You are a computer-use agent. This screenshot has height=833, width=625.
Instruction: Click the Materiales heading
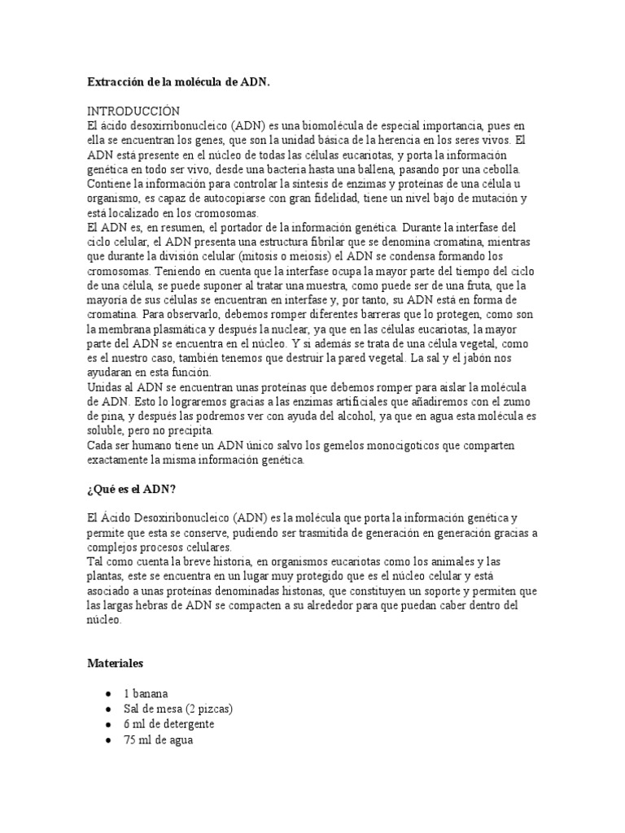116,664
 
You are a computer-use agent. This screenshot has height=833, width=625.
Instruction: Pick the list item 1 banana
146,695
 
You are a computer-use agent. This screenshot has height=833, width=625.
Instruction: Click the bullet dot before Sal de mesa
109,709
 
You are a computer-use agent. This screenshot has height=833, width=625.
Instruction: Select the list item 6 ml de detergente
169,724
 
